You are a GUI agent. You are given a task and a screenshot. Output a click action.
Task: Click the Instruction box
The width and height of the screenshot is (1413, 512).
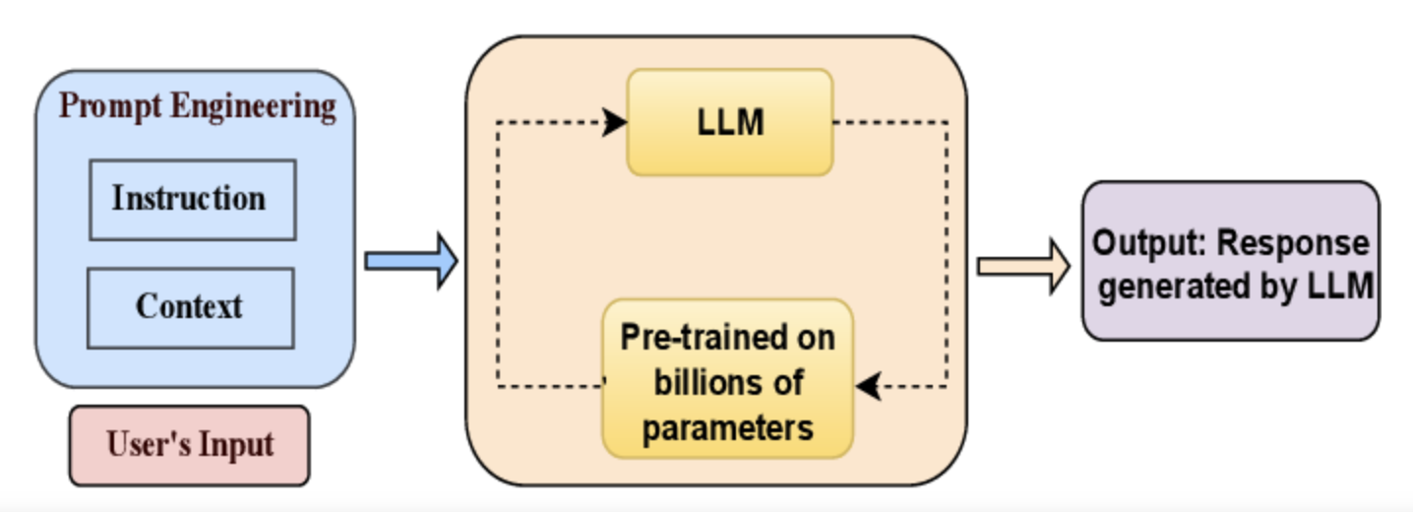coord(192,200)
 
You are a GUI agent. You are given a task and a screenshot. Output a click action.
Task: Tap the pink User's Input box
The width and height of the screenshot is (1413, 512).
coord(189,445)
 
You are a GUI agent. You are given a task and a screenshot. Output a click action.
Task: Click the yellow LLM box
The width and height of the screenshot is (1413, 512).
coord(730,123)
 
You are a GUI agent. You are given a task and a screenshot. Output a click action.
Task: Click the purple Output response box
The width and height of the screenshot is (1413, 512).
coord(1230,262)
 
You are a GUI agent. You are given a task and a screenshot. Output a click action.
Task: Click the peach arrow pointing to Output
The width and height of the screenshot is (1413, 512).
coord(1022,266)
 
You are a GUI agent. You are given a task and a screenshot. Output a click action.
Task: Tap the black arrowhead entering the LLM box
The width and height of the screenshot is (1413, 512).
coord(616,122)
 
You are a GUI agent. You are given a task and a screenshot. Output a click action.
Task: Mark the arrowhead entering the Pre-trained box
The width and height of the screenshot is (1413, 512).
coord(867,386)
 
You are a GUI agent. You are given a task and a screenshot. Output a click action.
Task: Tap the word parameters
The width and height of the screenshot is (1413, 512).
coord(727,427)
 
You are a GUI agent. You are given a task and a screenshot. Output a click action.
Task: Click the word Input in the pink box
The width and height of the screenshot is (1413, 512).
coord(236,445)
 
